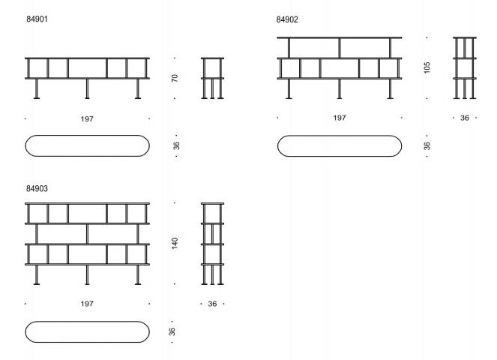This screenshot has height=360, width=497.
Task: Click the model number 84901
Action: (x=37, y=19)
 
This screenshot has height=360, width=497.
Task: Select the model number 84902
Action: (x=287, y=19)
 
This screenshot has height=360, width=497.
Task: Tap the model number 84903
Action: (x=37, y=188)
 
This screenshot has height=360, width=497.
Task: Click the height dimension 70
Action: (x=175, y=78)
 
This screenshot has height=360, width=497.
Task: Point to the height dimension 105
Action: (x=427, y=67)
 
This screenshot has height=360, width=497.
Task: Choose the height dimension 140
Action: (x=175, y=243)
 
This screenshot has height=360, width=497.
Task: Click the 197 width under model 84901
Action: (x=87, y=119)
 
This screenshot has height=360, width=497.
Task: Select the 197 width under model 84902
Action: (x=340, y=118)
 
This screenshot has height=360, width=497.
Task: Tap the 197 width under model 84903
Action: (x=87, y=304)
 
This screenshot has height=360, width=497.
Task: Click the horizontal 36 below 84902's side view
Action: (x=465, y=118)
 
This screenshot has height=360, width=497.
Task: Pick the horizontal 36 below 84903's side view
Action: (x=212, y=304)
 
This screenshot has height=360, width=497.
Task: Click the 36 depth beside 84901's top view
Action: (x=176, y=145)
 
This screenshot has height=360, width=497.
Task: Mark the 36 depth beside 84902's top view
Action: (x=427, y=145)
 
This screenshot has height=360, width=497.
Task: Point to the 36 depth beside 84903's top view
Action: (x=172, y=331)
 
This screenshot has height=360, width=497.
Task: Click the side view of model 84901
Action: (x=212, y=78)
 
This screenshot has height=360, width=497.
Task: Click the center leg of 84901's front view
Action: (x=87, y=88)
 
